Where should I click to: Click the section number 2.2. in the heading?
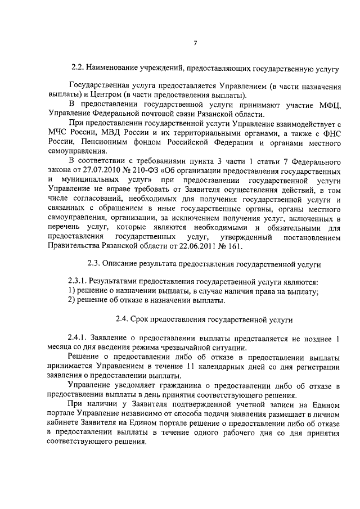[79, 69]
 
